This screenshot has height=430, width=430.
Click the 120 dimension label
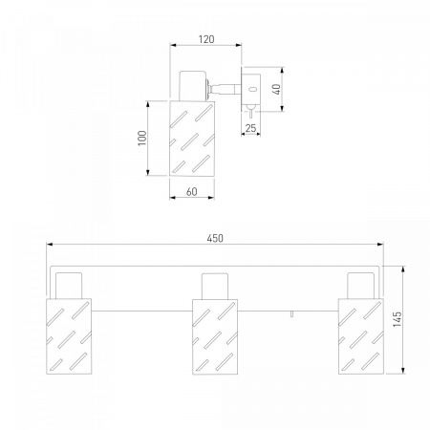[206, 39]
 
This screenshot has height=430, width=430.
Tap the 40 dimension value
[277, 89]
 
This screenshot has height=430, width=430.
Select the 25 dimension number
[250, 128]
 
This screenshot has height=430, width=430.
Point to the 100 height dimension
[142, 138]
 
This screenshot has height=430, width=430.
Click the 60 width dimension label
[191, 192]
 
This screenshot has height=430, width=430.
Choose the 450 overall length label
[215, 238]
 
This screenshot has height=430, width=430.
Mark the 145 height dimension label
[398, 319]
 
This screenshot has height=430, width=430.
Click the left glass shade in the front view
[69, 336]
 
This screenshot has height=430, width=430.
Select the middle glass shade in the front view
[215, 336]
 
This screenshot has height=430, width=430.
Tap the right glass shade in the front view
[361, 336]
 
